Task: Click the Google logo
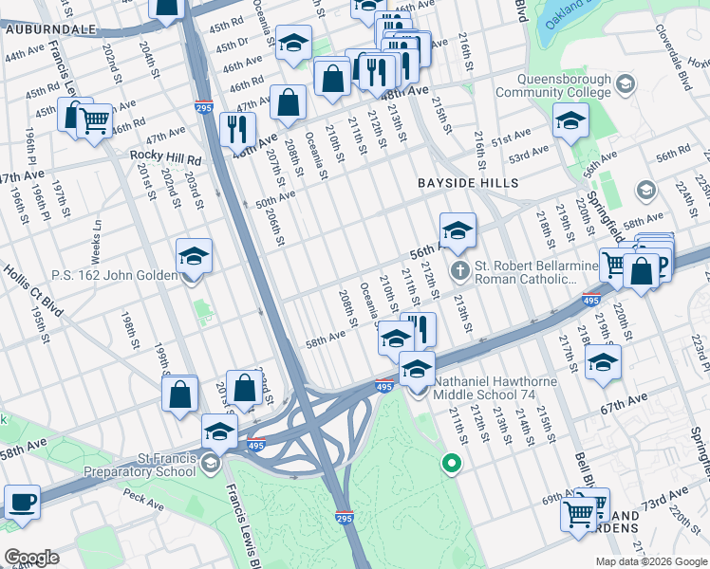click(x=31, y=558)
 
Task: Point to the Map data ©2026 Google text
click(x=651, y=561)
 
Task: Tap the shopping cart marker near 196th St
click(x=94, y=120)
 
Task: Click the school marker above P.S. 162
click(x=194, y=255)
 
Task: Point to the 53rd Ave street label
click(x=528, y=152)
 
